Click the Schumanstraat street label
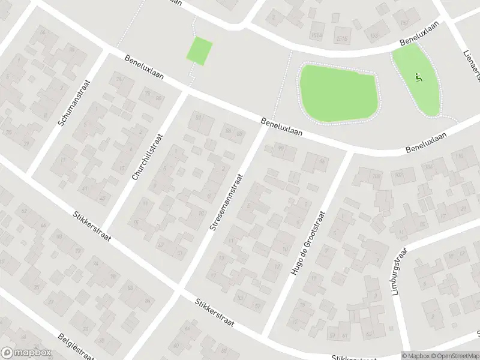click(x=74, y=103)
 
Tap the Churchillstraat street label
click(x=147, y=157)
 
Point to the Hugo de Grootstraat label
click(x=308, y=243)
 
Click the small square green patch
click(x=200, y=50)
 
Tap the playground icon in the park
click(x=419, y=77)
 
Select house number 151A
click(x=317, y=35)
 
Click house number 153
click(x=374, y=36)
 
